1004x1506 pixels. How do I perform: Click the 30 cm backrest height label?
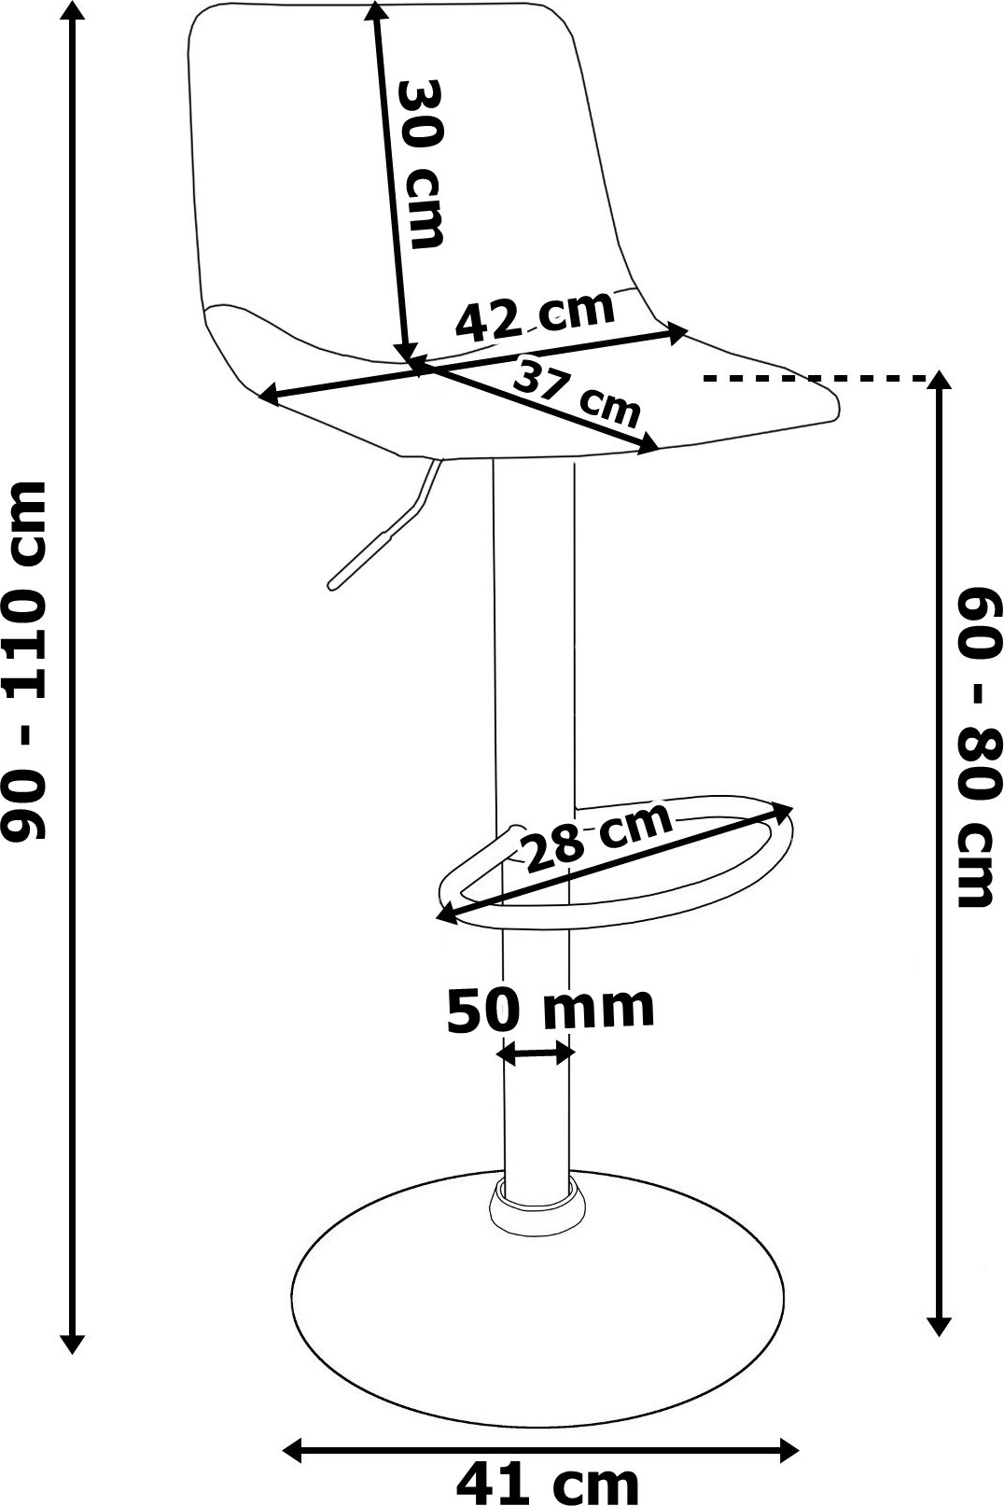[421, 164]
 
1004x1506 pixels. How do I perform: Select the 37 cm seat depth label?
[576, 395]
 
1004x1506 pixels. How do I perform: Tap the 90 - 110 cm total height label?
[24, 661]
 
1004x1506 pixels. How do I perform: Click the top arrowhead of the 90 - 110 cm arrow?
[74, 12]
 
